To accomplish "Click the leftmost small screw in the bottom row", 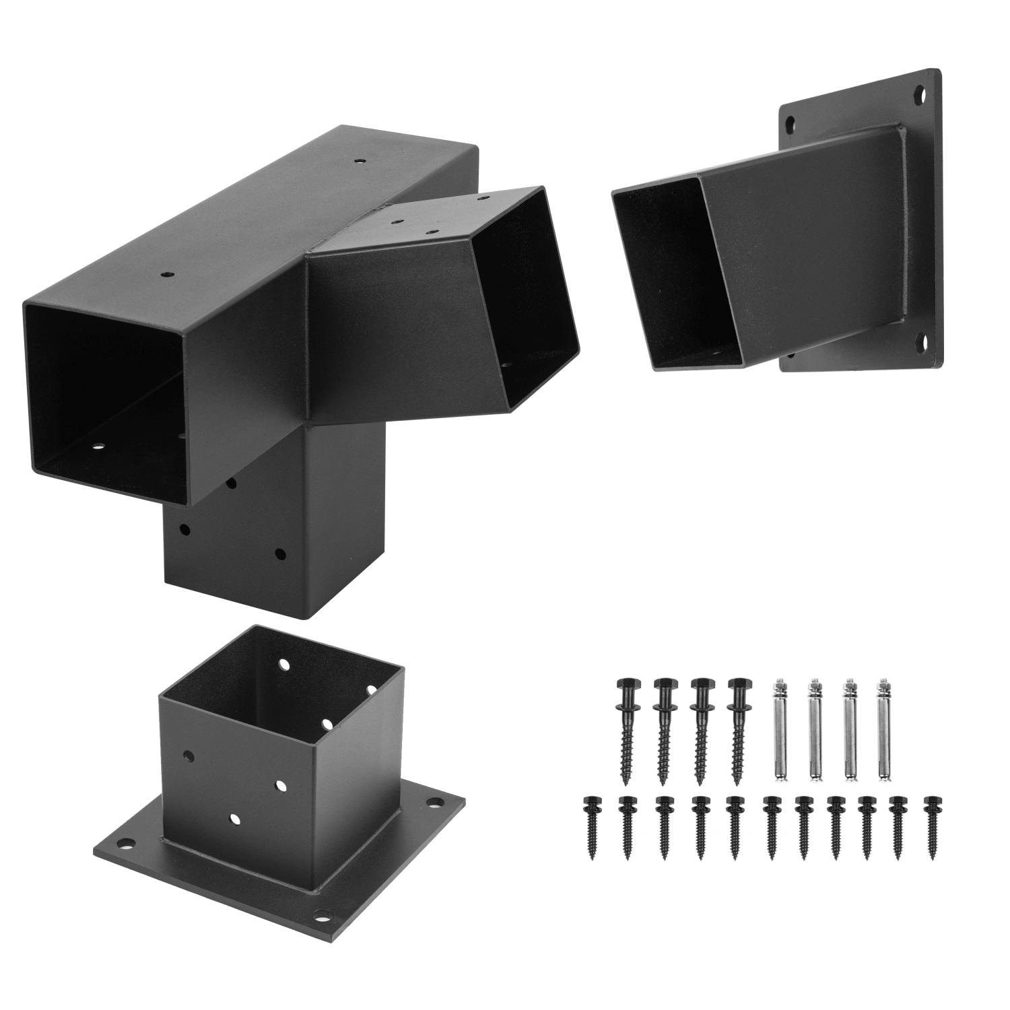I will click(x=589, y=828).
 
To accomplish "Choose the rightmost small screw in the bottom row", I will click(x=933, y=828).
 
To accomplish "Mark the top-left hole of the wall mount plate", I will click(x=790, y=123).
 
